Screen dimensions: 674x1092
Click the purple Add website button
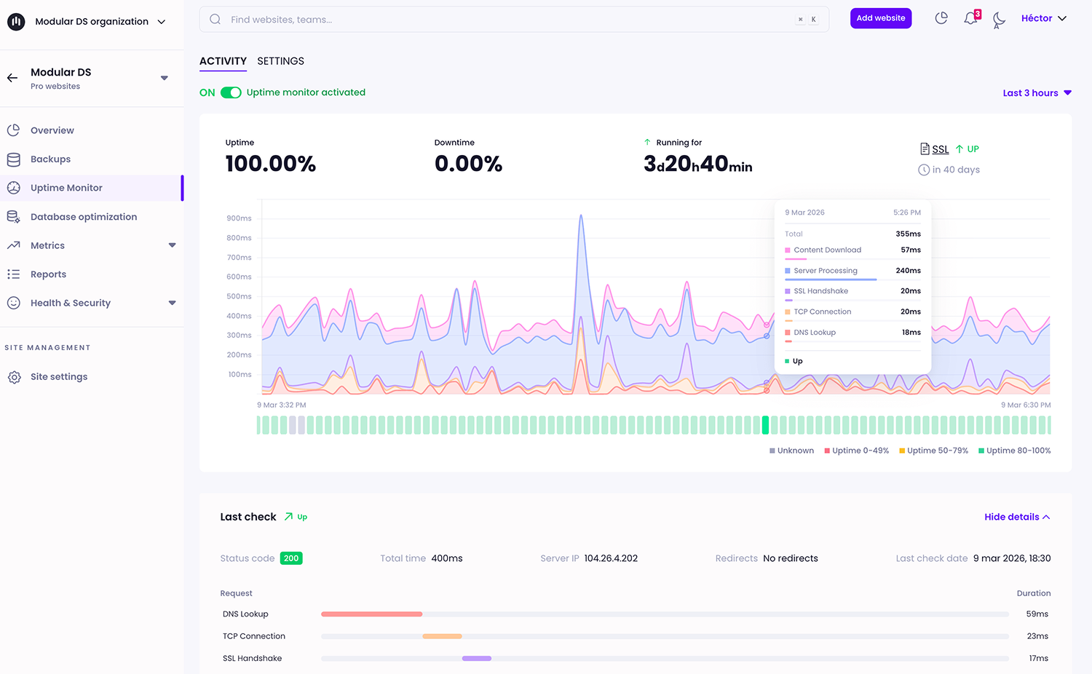880,18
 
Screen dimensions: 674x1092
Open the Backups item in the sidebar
50,159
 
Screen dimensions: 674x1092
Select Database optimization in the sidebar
83,217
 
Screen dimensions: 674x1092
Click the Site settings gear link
58,377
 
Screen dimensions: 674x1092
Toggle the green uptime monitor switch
231,92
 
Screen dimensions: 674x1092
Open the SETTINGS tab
280,61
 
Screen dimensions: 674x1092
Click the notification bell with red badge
971,18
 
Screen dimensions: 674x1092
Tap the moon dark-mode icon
999,20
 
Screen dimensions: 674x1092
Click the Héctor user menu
1043,18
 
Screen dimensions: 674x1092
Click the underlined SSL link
940,149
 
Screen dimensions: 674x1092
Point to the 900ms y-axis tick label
239,218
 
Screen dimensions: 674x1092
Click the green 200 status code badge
291,558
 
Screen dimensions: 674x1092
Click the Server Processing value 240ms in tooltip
908,271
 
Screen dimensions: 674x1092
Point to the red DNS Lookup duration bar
371,614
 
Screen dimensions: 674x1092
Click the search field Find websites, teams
510,20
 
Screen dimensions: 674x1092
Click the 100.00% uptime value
270,164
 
